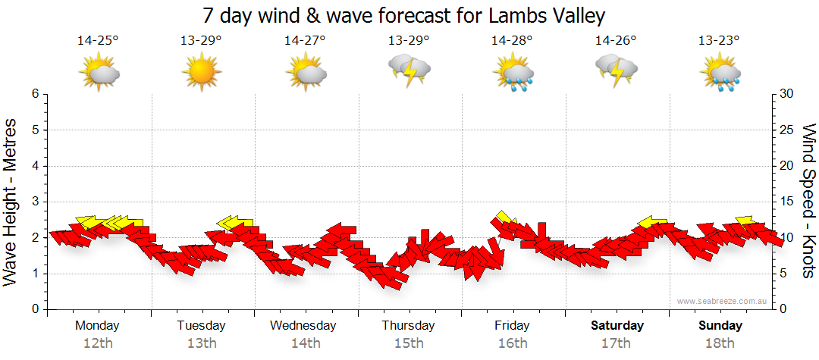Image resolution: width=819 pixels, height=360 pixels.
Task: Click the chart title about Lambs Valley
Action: (404, 15)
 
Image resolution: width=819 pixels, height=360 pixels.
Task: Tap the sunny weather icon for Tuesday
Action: (201, 73)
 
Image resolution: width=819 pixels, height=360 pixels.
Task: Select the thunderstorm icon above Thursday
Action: (409, 70)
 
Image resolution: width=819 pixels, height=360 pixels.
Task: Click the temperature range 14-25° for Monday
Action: (98, 41)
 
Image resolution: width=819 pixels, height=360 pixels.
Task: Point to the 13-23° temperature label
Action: (719, 41)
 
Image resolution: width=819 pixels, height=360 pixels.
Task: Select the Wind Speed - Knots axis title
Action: (808, 202)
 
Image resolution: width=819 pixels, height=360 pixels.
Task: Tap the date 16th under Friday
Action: (513, 343)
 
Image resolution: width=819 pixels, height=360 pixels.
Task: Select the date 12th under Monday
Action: (98, 343)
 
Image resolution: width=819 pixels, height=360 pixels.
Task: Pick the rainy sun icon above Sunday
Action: (720, 73)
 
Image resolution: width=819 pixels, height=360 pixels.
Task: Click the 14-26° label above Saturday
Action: (616, 41)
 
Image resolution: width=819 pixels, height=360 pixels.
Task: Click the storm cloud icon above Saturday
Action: (616, 70)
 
